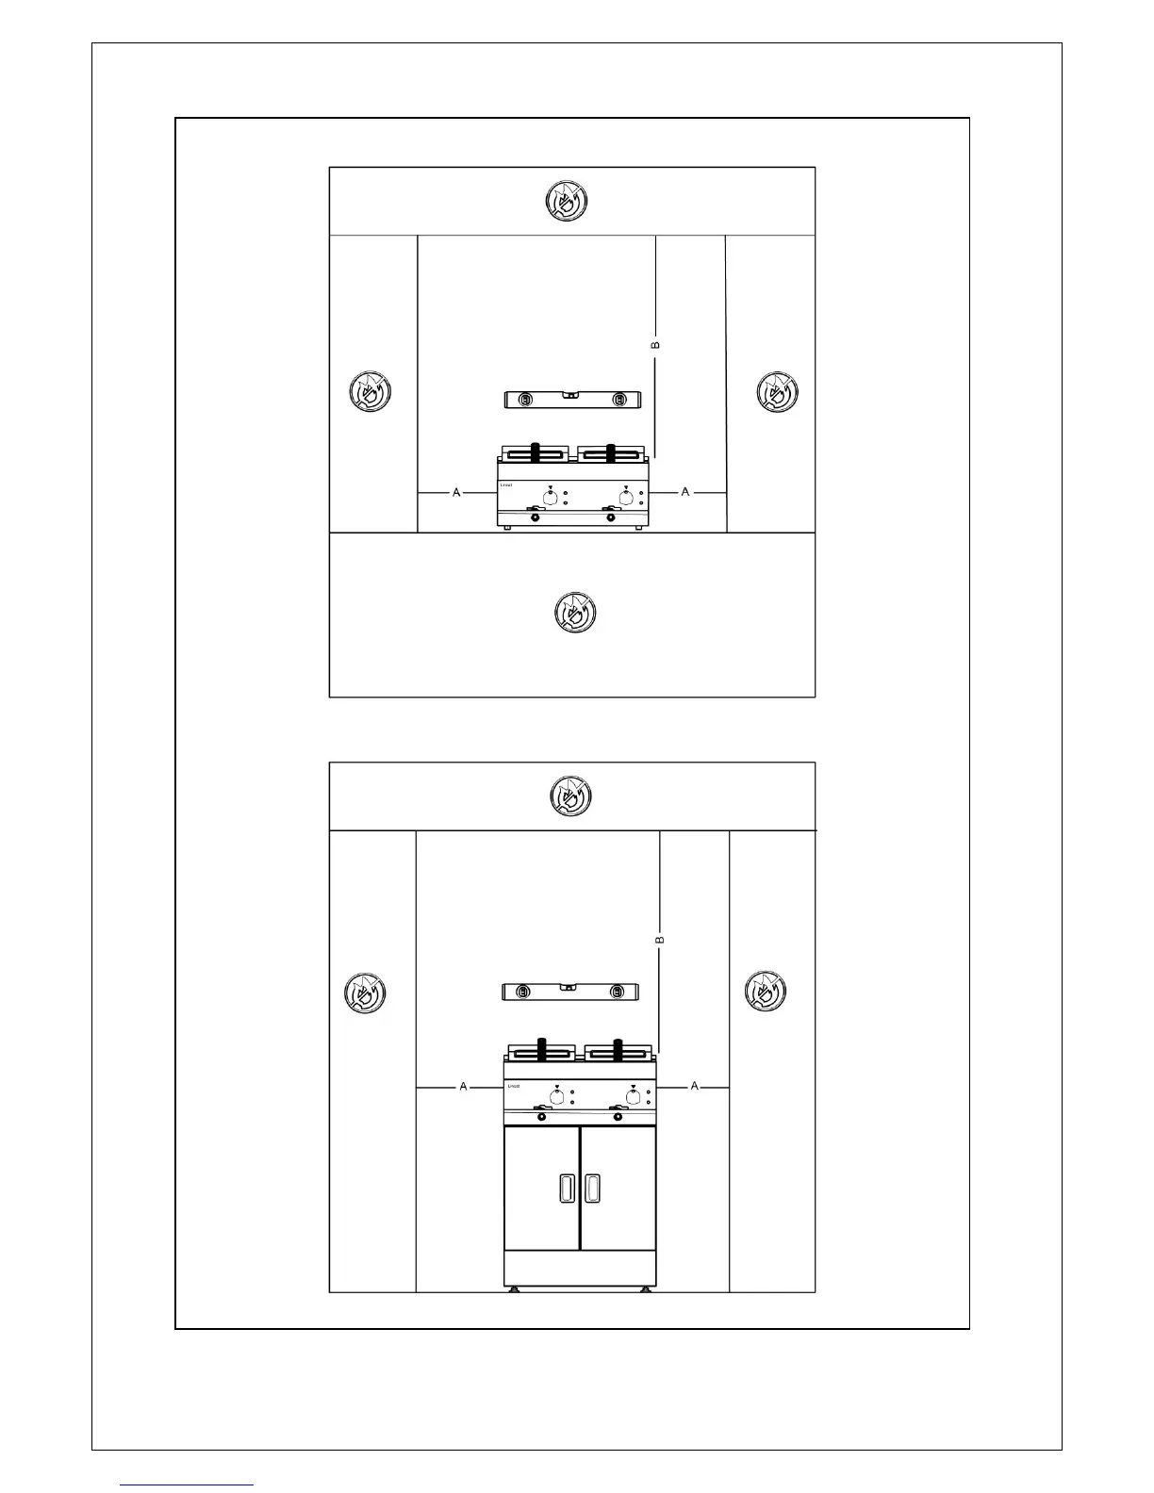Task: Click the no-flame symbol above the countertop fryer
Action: pos(568,201)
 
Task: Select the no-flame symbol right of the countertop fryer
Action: pos(778,391)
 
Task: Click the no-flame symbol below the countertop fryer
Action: pos(574,613)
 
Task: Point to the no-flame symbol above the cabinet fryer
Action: pos(570,796)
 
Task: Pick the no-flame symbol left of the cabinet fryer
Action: pos(364,993)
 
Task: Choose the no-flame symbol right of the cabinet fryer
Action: pos(765,991)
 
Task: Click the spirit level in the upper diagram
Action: pos(571,400)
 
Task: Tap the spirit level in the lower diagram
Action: pos(569,992)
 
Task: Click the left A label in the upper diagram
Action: pos(456,492)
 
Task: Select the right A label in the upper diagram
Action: pos(685,491)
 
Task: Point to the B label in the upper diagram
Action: pos(656,345)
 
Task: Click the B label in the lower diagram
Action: pos(660,940)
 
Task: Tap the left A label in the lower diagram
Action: pos(463,1087)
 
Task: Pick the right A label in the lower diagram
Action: pos(695,1086)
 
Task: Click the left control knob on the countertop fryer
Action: pos(550,497)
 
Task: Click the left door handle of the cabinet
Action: pos(566,1189)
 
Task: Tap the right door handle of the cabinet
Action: pos(592,1189)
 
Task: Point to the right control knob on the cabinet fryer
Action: pos(633,1097)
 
